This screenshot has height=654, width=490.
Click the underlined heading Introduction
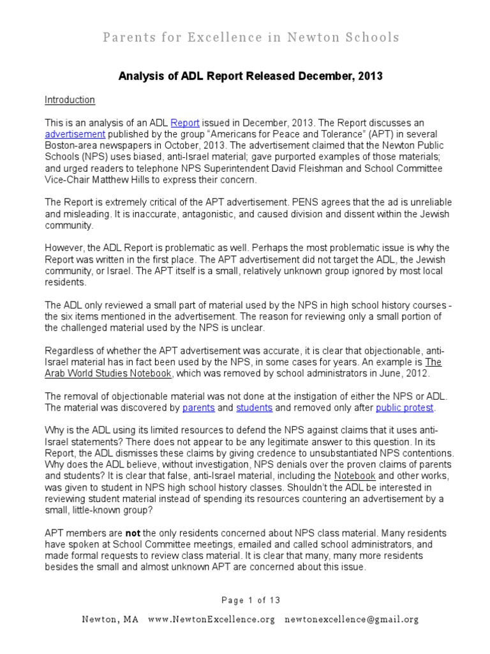70,100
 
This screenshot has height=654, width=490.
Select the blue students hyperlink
254,407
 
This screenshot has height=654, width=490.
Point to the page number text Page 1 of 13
251,600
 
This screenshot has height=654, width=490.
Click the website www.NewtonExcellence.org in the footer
211,620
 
